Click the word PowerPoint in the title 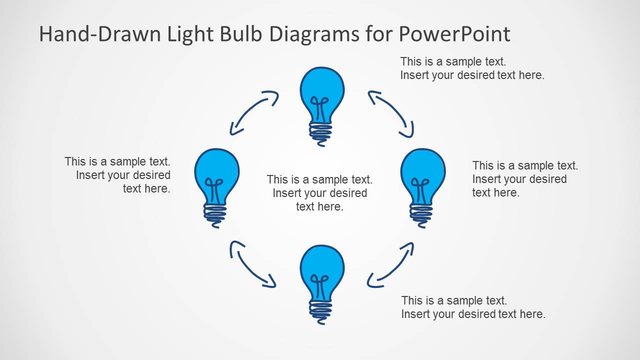pos(454,34)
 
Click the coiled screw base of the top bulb pos(320,132)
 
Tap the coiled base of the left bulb pos(215,214)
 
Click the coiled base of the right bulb pos(421,214)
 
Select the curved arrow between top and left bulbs pos(253,112)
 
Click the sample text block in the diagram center pos(319,193)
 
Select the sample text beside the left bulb pos(118,175)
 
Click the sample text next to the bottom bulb pos(473,307)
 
